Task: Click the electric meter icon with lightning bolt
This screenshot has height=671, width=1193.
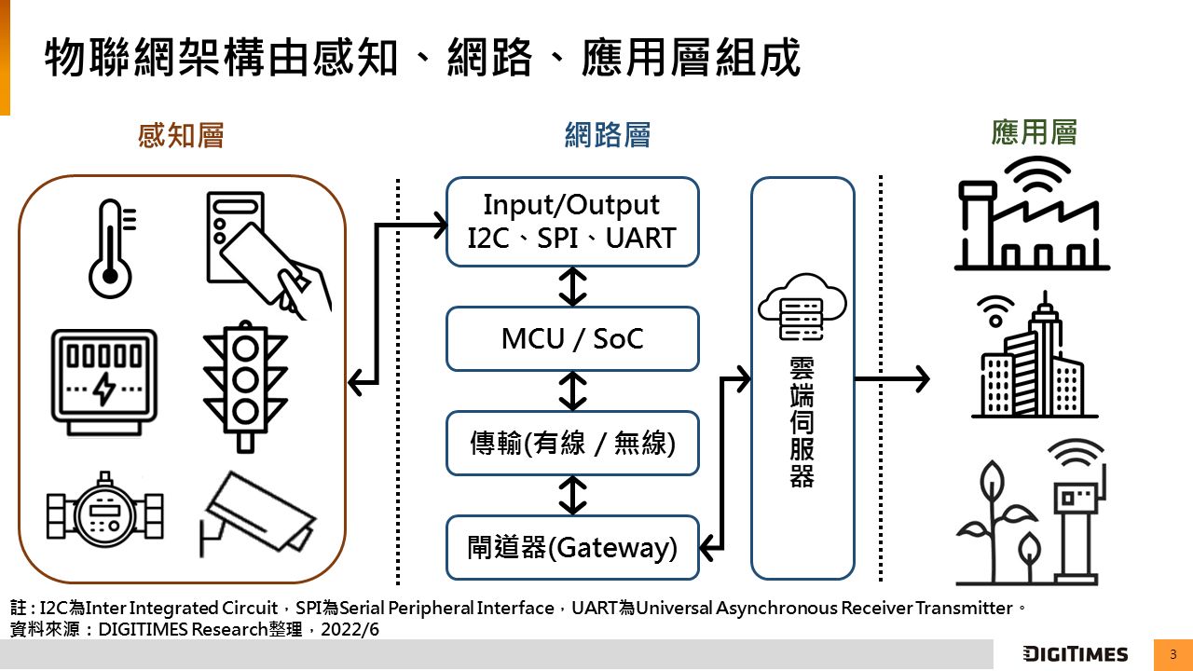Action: click(103, 380)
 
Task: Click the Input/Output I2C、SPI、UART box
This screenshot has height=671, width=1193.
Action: click(572, 222)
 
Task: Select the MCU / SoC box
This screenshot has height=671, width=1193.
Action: click(572, 338)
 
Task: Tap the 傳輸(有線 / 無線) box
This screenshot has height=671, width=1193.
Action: click(572, 443)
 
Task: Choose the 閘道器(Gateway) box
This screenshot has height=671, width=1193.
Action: click(572, 547)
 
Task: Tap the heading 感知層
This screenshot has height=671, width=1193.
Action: click(181, 136)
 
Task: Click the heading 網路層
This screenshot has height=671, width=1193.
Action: click(608, 136)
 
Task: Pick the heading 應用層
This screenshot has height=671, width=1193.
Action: click(1034, 132)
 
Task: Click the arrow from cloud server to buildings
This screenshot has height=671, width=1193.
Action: click(891, 379)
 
